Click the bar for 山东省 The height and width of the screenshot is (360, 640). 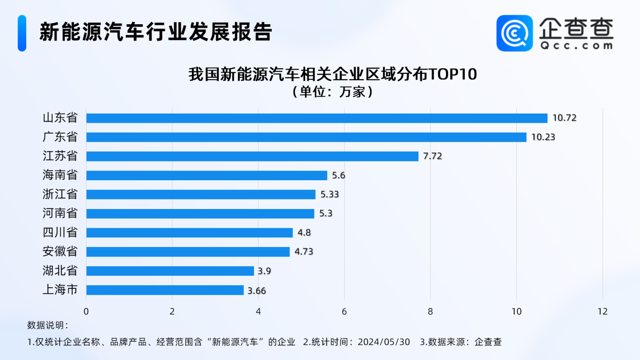click(x=317, y=118)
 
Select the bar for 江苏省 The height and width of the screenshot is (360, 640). click(x=253, y=156)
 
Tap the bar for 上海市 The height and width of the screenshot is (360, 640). click(x=165, y=290)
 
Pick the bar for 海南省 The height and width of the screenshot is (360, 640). click(x=207, y=175)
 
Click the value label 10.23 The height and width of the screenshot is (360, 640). click(x=543, y=137)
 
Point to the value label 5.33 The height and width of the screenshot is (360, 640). click(x=329, y=194)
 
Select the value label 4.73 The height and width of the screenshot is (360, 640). click(x=303, y=252)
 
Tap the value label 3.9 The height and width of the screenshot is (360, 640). click(x=265, y=271)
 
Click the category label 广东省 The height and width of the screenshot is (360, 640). click(x=60, y=137)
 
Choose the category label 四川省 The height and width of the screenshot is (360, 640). click(x=60, y=233)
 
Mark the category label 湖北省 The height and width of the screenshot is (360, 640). click(x=60, y=271)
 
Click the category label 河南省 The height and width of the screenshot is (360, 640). click(x=60, y=214)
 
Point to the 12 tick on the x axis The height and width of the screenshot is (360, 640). click(x=602, y=312)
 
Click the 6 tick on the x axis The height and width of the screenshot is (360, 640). click(x=344, y=312)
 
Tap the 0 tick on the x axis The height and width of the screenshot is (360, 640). click(x=86, y=312)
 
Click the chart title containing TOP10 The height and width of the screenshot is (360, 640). click(x=332, y=75)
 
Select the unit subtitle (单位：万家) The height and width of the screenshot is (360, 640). click(x=332, y=92)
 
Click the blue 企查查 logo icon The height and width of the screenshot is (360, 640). click(x=514, y=33)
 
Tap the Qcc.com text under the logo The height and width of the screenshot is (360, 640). click(x=576, y=45)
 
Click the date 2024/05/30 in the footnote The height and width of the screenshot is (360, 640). click(x=383, y=342)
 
